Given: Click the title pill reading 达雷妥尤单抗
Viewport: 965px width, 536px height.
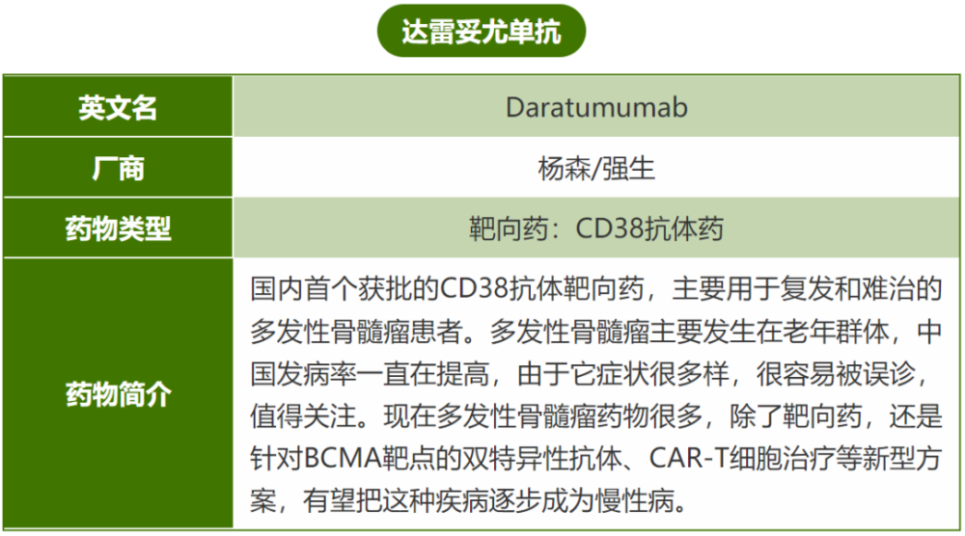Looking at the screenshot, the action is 482,32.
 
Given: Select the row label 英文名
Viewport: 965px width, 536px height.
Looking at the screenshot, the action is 118,108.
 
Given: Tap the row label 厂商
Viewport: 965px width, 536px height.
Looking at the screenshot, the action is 118,169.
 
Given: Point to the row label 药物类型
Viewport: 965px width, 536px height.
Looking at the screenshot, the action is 118,228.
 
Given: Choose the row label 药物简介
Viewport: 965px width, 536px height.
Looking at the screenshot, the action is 118,394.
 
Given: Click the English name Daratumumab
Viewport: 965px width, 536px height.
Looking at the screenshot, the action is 596,108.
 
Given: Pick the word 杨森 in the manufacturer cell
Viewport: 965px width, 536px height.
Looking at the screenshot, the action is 564,169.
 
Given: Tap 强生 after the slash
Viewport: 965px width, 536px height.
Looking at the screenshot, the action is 628,169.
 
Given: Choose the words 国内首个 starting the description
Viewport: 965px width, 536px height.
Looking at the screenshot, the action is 303,288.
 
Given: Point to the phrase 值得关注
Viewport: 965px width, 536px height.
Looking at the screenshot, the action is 303,416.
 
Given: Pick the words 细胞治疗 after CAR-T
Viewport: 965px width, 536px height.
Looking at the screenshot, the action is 783,458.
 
